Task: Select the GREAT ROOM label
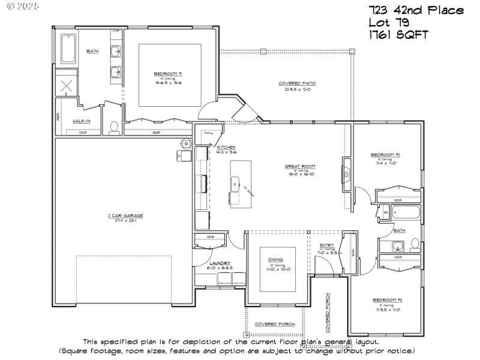(x=300, y=166)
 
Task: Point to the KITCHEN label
(x=226, y=147)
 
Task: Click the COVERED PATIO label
(x=297, y=83)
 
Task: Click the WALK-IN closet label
(x=82, y=121)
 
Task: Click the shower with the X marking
(x=67, y=85)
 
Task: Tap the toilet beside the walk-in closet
(x=114, y=128)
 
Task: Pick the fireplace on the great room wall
(x=346, y=174)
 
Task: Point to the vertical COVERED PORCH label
(x=328, y=313)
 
